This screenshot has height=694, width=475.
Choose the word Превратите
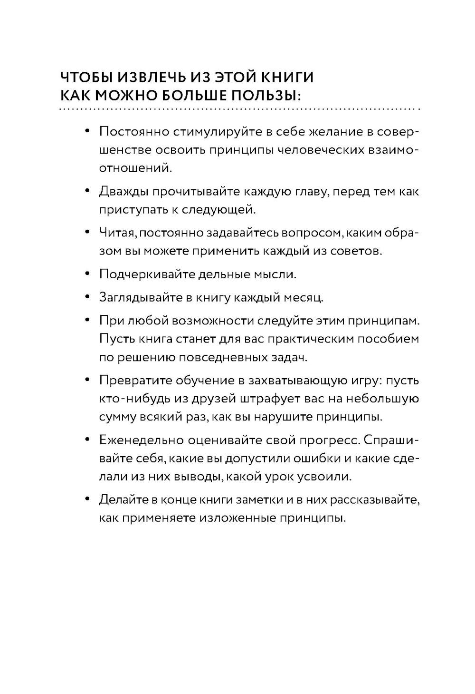(136, 381)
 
